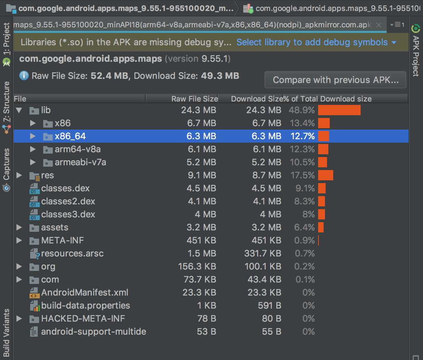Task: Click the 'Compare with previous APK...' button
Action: (335, 80)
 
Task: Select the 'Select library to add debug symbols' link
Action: (312, 43)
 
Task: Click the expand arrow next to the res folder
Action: (19, 175)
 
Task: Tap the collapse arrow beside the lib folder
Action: (19, 110)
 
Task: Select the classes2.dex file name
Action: (68, 201)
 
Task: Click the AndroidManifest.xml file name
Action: (85, 292)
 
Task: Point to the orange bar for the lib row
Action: (339, 110)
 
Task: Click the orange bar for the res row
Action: (326, 175)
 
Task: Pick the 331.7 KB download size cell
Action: (263, 253)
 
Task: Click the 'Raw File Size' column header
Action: (195, 99)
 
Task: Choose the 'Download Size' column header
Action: (257, 99)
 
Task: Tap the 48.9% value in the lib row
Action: (302, 110)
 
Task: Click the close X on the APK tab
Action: (379, 25)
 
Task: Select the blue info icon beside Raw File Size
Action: (24, 76)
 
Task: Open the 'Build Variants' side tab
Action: (7, 333)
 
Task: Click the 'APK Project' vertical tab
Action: (416, 56)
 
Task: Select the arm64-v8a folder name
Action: (78, 149)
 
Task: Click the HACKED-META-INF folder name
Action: (83, 319)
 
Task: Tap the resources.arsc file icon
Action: (35, 254)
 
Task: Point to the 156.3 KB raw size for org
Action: (197, 266)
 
